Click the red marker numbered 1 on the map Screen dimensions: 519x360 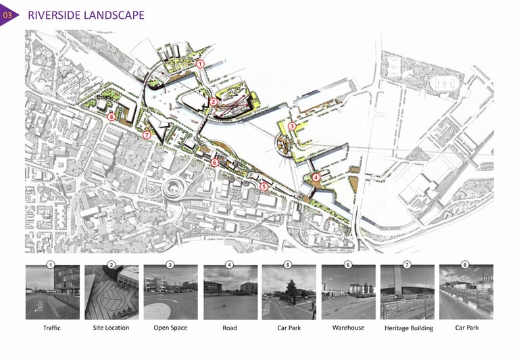pos(201,63)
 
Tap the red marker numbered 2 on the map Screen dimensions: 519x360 pos(213,102)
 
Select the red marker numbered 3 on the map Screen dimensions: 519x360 pos(292,126)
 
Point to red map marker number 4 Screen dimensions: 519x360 pos(316,177)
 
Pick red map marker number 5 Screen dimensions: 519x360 pos(264,186)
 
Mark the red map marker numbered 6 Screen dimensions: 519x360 pos(214,162)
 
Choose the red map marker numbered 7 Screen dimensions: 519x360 pos(147,134)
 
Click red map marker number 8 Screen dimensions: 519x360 pos(112,116)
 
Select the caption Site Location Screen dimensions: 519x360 pos(111,328)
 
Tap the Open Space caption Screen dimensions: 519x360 pos(170,328)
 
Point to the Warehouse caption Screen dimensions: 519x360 pos(348,328)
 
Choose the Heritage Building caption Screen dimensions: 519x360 pos(408,328)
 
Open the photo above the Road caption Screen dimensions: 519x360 pos(230,292)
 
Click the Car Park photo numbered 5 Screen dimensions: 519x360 pos(289,292)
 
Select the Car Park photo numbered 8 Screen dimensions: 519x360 pos(466,292)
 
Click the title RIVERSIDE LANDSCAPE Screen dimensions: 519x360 pos(86,15)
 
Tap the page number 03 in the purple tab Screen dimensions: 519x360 pos(8,15)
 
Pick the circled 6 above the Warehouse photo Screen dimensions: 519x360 pos(348,264)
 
